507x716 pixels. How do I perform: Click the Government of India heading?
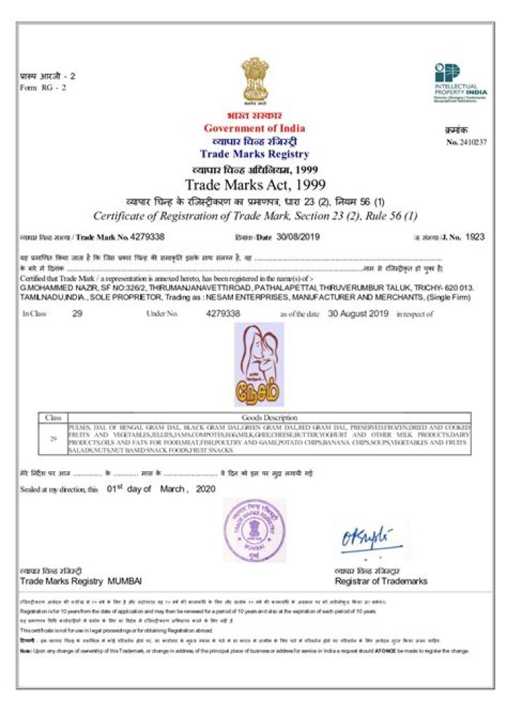254,128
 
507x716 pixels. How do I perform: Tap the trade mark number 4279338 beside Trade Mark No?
148,238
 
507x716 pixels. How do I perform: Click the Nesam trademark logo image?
258,364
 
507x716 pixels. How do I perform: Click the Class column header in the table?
53,418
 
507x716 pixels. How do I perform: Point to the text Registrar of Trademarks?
380,582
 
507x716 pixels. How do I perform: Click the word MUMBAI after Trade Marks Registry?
125,582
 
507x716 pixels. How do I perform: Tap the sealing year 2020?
205,490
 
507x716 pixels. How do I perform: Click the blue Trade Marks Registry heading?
254,154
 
